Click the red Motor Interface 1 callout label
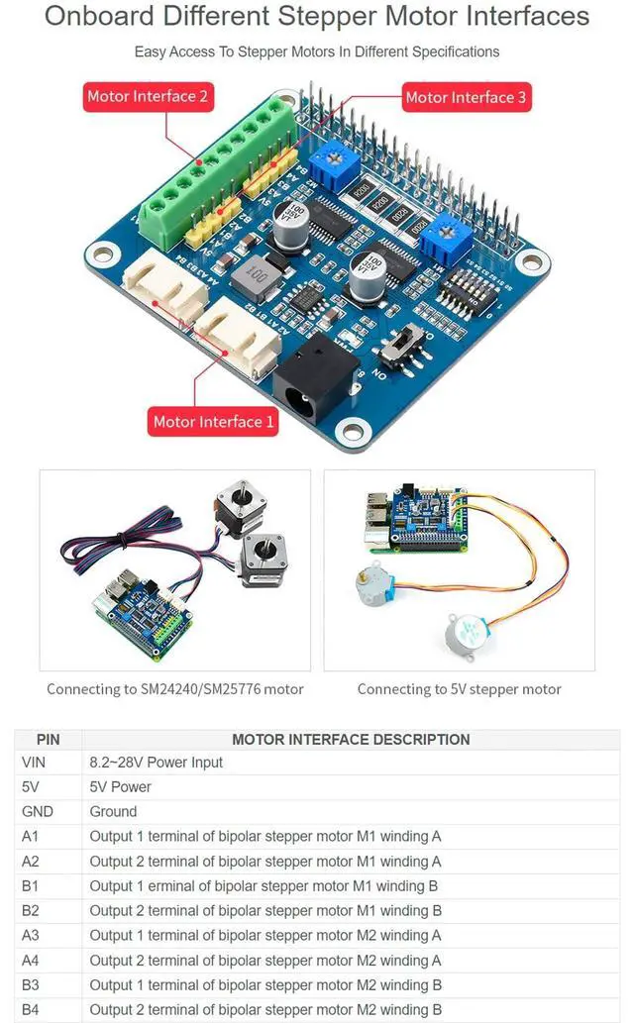213,422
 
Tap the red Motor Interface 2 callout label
148,97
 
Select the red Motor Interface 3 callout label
466,97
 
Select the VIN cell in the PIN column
33,763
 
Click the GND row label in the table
37,812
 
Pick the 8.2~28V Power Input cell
156,763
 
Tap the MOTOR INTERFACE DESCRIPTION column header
351,739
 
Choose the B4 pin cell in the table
31,1009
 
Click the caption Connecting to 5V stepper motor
459,689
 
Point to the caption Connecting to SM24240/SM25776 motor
175,689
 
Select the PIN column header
48,739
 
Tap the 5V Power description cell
120,787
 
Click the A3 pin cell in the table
31,935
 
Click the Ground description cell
113,812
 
